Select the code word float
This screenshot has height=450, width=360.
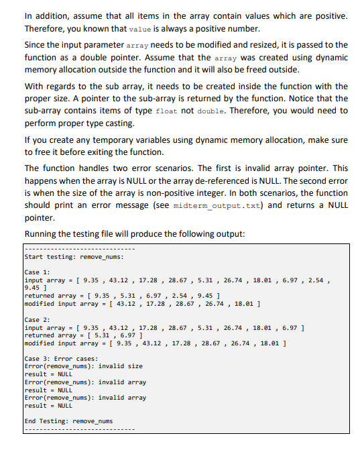[165, 111]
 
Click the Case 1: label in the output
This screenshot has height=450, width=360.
[38, 272]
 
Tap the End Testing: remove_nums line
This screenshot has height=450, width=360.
[68, 421]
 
